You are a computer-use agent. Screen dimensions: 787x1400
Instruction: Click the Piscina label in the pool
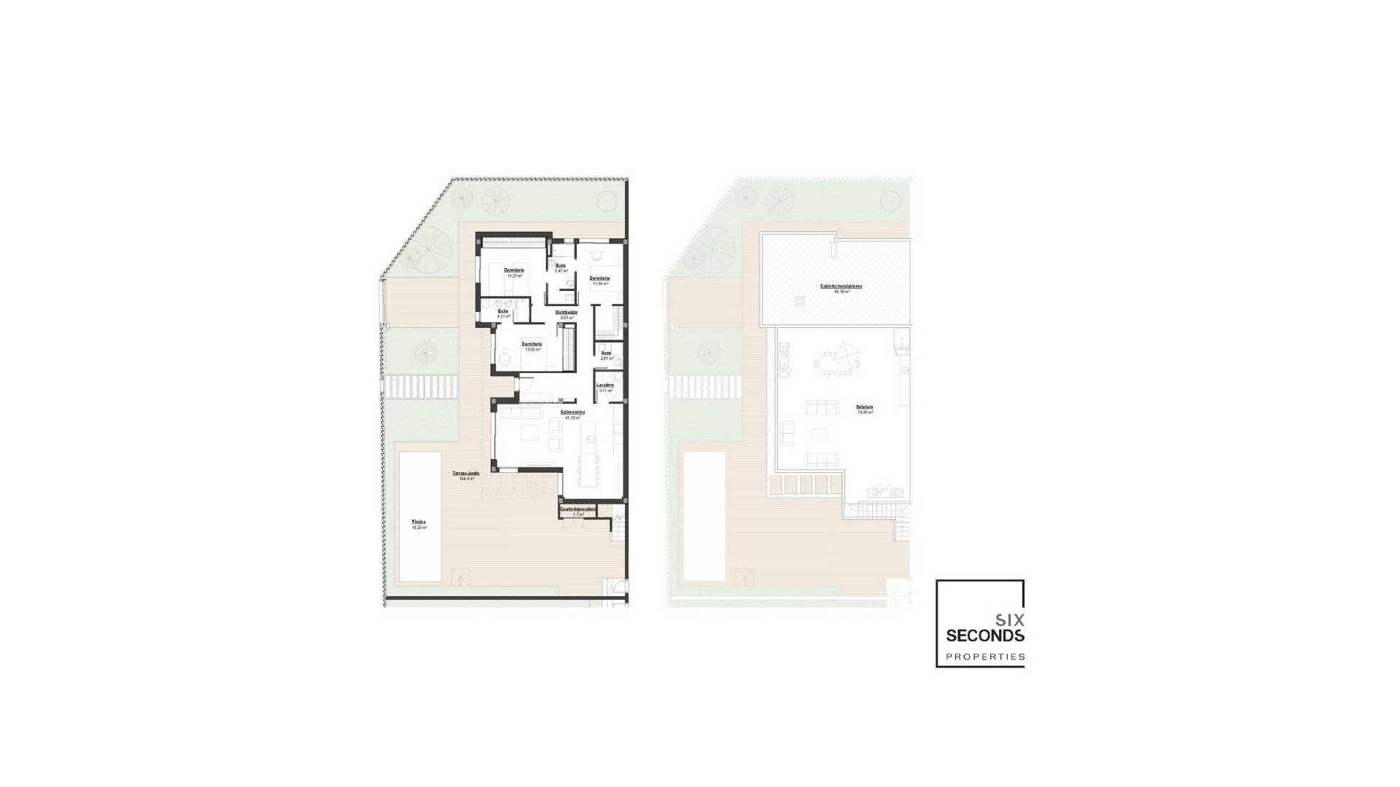419,522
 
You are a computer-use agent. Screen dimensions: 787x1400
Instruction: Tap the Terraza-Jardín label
464,474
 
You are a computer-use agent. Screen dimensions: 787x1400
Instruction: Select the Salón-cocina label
573,412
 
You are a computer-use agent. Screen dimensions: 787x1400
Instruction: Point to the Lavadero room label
604,385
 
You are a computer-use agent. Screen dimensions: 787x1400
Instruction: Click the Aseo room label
605,353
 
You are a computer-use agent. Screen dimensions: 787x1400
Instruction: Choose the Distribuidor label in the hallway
567,313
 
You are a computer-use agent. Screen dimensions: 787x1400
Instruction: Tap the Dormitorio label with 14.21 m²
514,271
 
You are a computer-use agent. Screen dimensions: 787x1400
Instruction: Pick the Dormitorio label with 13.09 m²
532,344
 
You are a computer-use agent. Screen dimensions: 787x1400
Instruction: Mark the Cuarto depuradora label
578,509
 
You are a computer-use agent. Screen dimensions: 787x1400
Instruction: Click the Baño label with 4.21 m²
502,311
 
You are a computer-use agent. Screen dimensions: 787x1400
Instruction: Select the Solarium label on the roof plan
866,407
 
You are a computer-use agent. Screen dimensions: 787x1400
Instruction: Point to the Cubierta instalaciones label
841,286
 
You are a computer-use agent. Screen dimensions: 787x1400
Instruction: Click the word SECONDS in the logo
985,635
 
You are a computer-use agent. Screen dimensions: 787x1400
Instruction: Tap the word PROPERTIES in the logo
985,657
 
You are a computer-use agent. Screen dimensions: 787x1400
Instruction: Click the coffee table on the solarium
820,433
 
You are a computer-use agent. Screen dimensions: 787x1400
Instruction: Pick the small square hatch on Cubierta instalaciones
800,300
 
